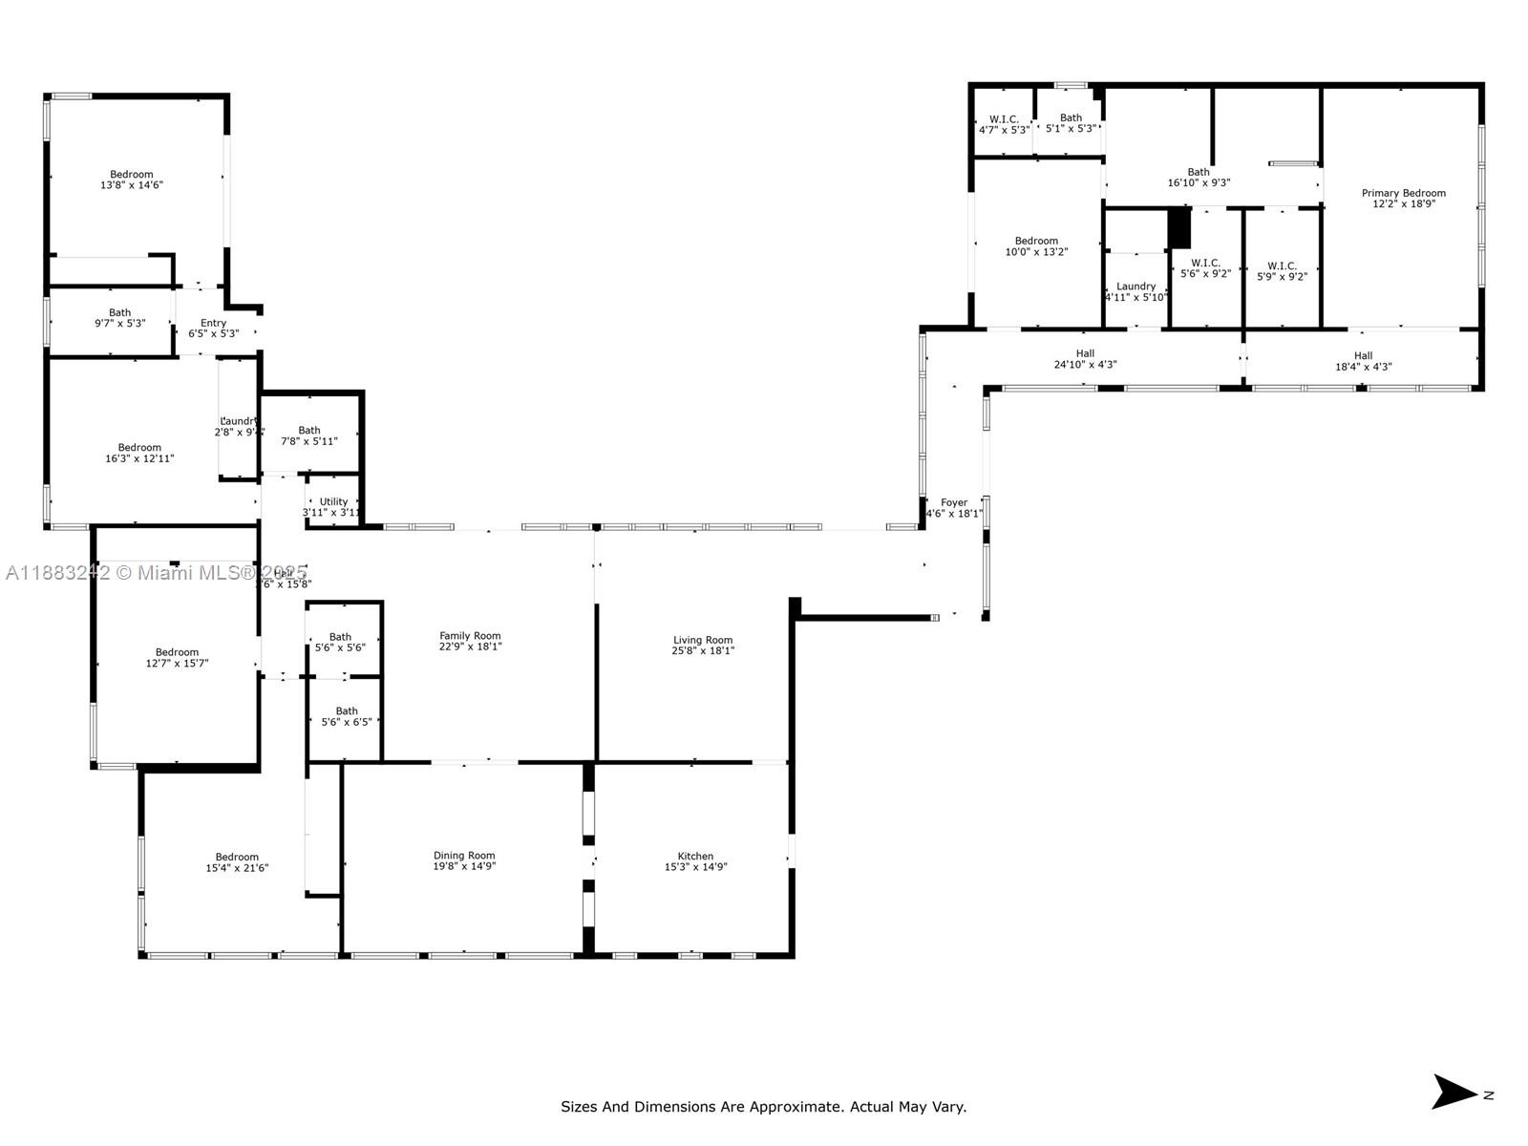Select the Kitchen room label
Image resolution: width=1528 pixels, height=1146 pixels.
695,857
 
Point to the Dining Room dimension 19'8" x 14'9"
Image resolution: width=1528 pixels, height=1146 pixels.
464,867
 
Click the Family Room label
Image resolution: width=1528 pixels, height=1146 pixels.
470,636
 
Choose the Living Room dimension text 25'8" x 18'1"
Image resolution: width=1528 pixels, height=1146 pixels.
703,651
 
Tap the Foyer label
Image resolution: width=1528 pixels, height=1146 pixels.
954,502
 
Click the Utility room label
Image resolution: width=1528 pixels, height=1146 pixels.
333,501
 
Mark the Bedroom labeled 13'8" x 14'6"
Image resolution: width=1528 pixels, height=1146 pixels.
132,180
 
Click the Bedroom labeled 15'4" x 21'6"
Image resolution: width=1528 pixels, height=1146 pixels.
237,862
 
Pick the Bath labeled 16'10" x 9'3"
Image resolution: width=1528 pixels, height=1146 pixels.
1199,178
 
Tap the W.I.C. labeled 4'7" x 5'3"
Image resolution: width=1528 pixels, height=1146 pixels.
1004,124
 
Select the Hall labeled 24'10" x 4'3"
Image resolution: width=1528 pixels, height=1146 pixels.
1085,359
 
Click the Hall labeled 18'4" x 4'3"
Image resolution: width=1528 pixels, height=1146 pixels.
1363,361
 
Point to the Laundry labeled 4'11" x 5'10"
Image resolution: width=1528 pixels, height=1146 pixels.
1135,291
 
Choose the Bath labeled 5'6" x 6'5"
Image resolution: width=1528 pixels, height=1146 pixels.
347,716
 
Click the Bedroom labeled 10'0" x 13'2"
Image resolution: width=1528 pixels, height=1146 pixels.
1036,246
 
